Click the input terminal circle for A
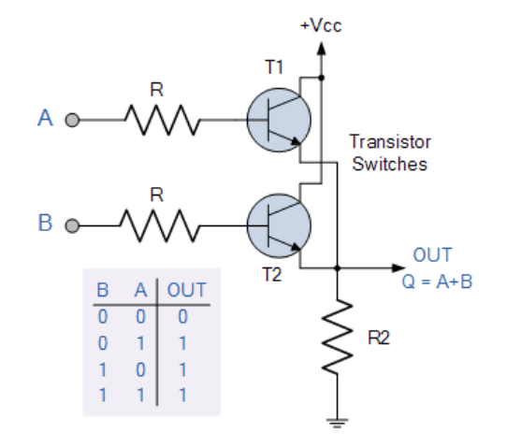(x=72, y=120)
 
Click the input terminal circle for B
(x=72, y=225)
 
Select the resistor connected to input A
(x=163, y=120)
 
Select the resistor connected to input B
(x=160, y=225)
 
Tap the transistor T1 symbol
(x=279, y=120)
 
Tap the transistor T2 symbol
(x=279, y=225)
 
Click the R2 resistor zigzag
(x=338, y=336)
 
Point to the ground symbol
(x=338, y=423)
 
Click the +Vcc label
(x=321, y=25)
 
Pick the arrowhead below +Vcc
(x=321, y=48)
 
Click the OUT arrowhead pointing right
(x=398, y=268)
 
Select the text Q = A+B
(x=437, y=282)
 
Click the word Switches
(x=390, y=164)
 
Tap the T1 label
(x=274, y=67)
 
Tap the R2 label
(x=379, y=338)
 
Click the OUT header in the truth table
(x=186, y=290)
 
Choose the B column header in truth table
(x=103, y=290)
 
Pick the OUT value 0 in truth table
(x=182, y=316)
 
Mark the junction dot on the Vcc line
(x=321, y=78)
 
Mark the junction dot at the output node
(x=338, y=268)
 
